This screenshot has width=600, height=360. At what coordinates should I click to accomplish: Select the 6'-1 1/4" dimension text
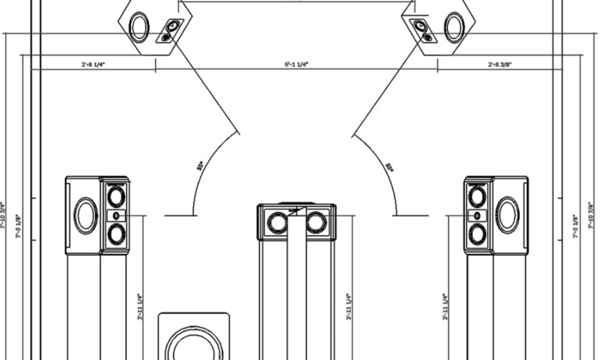296,65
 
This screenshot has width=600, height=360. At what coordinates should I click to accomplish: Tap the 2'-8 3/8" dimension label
502,65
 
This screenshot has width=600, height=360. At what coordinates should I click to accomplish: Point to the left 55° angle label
199,166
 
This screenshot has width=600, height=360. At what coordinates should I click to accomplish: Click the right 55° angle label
390,166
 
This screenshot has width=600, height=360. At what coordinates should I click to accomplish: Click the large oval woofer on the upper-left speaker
140,27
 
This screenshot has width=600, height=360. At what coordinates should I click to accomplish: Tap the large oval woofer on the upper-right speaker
454,27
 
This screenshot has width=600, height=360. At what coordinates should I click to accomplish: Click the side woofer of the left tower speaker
86,215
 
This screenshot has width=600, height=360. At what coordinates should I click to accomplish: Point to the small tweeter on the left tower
116,215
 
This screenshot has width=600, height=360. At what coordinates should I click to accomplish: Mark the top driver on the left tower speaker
116,195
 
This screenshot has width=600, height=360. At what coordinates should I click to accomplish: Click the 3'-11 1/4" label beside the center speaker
349,306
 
